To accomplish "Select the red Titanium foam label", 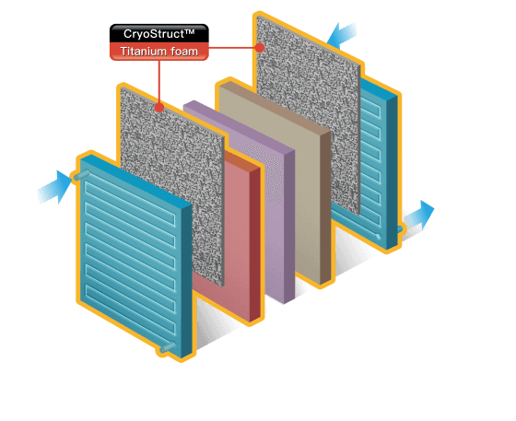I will point(158,52).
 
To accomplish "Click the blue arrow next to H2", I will point(57,185).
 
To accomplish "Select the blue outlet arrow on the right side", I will point(422,213).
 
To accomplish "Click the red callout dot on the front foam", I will point(159,106).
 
